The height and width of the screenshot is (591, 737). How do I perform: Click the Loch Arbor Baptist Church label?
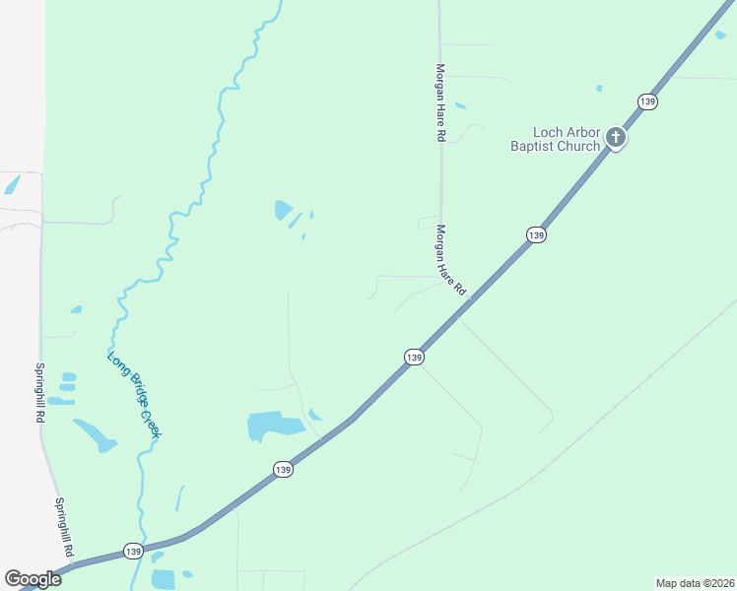(x=555, y=140)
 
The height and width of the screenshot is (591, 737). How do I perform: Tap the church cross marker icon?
(x=616, y=138)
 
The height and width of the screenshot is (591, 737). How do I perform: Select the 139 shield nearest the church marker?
(x=647, y=101)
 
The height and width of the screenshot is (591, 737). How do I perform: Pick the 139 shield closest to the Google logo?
(x=133, y=551)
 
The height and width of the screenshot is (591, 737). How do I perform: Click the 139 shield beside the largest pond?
(x=283, y=470)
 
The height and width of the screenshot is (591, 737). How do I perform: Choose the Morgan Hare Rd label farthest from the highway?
(x=440, y=104)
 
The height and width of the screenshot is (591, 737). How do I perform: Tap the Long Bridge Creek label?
(x=134, y=395)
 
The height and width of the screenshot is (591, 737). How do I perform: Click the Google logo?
(x=33, y=579)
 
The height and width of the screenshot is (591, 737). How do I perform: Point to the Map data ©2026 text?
(x=694, y=583)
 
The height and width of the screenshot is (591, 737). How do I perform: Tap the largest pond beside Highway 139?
(x=273, y=426)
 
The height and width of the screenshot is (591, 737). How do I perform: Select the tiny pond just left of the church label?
(x=598, y=89)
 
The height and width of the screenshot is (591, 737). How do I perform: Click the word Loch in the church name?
(x=548, y=133)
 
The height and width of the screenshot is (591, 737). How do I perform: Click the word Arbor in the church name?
(x=582, y=133)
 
